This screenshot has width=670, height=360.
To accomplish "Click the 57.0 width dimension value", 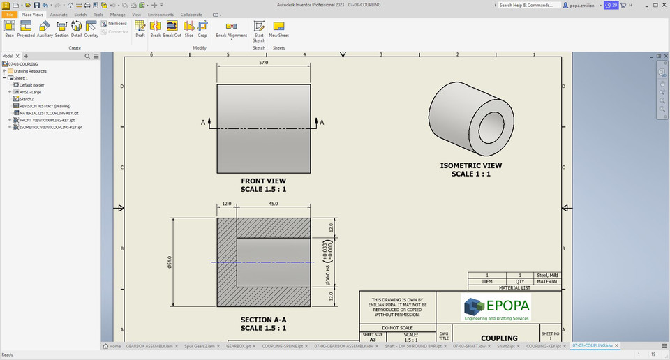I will [x=263, y=62].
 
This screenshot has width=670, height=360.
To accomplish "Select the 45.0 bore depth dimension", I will [x=273, y=204].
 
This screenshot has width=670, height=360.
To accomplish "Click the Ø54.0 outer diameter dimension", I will [x=170, y=262].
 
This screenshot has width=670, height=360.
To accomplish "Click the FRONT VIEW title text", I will [x=263, y=181].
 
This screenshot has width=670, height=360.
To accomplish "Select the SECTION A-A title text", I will [x=263, y=320].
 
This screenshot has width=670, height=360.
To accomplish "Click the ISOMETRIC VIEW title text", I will [x=470, y=166].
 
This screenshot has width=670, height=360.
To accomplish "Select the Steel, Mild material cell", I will [x=547, y=275].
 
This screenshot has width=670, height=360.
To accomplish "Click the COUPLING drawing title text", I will [x=499, y=338].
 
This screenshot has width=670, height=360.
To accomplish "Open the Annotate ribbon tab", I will [x=59, y=14].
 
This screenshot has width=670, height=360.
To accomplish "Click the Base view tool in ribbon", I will [x=9, y=28].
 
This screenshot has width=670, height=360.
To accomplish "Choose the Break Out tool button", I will [x=172, y=28].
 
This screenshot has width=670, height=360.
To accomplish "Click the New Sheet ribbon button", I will [x=278, y=28].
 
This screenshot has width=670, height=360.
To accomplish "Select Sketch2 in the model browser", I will [x=27, y=99].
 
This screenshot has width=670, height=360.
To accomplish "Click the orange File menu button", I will [x=9, y=14].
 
